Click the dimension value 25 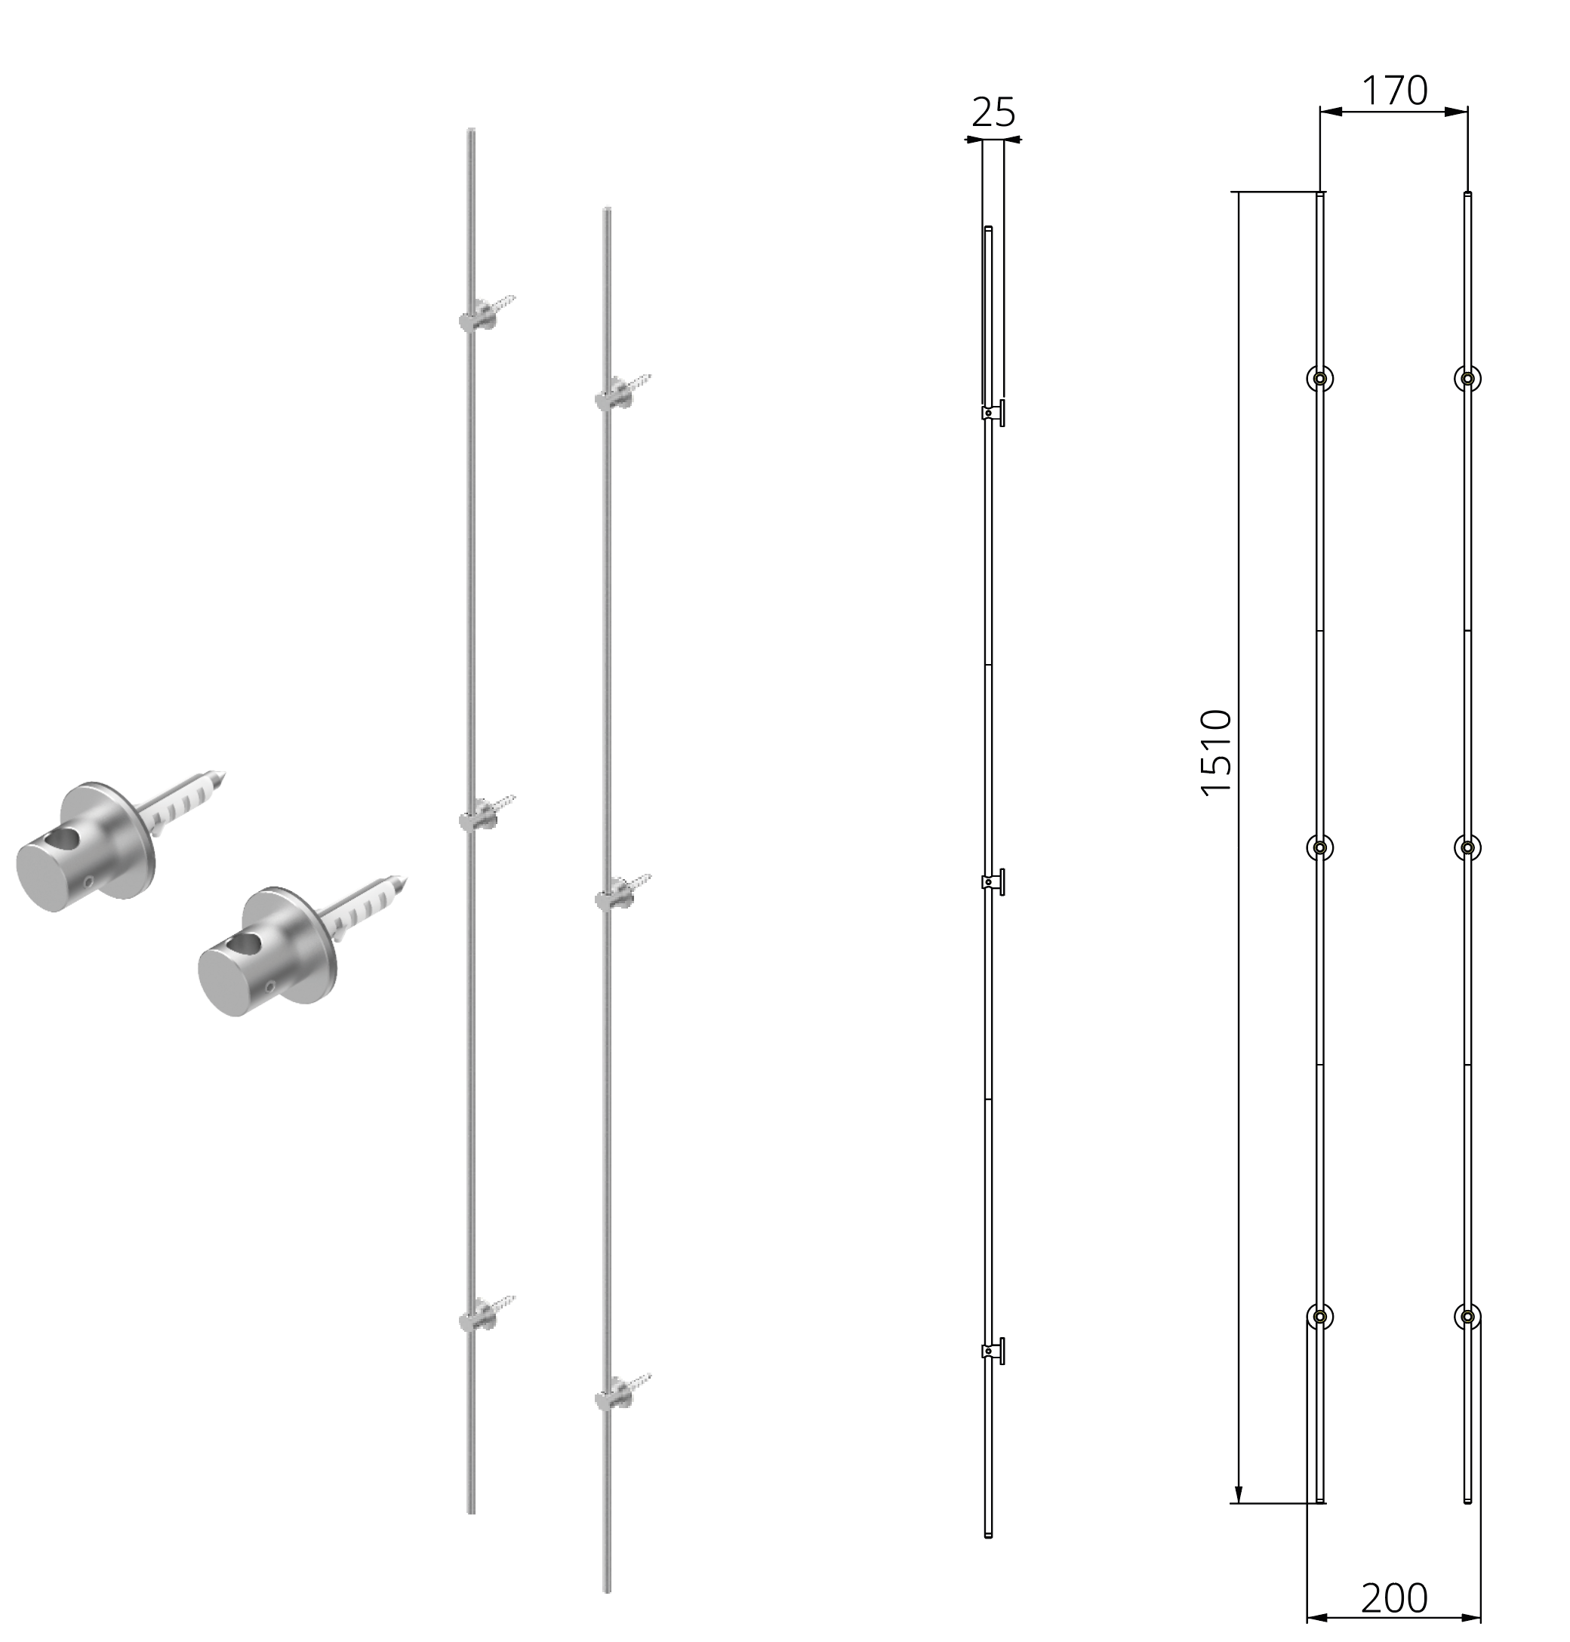pyautogui.click(x=993, y=112)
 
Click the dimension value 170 pyautogui.click(x=1394, y=91)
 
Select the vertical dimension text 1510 pyautogui.click(x=1217, y=753)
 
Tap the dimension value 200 pyautogui.click(x=1393, y=1598)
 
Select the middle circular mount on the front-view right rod pyautogui.click(x=1467, y=847)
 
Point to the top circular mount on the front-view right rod pyautogui.click(x=1467, y=378)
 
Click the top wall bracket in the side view pyautogui.click(x=993, y=412)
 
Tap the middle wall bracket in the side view pyautogui.click(x=993, y=881)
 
